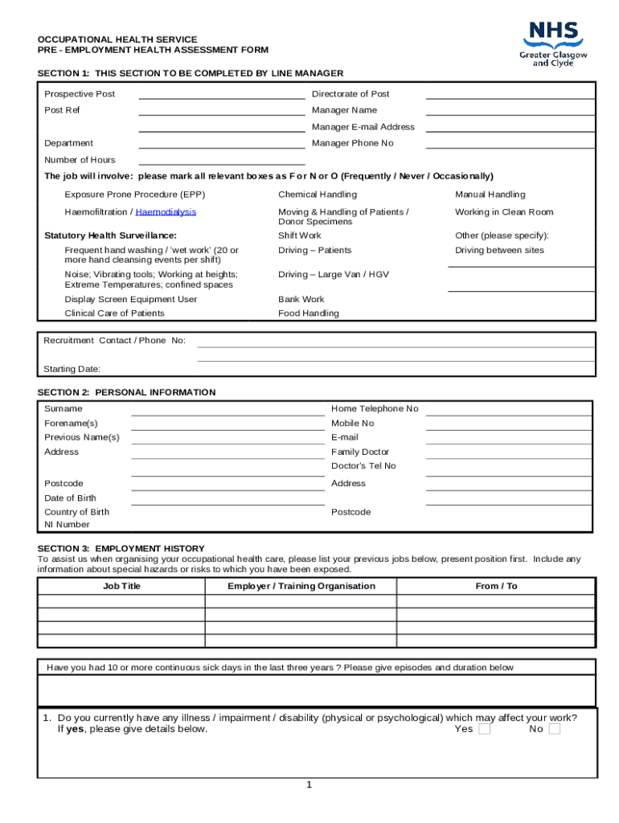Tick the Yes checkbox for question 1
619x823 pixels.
click(484, 729)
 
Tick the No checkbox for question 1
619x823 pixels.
click(555, 729)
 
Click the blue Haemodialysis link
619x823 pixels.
click(166, 212)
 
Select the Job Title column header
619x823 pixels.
click(121, 586)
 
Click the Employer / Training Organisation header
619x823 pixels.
click(301, 586)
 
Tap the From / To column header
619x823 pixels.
click(496, 586)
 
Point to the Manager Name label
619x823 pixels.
click(344, 110)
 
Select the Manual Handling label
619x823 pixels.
click(490, 194)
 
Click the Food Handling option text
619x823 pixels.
click(309, 313)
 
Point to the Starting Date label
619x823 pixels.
click(72, 369)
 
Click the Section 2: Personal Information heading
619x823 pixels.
click(126, 392)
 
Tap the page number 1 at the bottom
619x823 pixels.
click(309, 785)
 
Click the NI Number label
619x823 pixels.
click(67, 525)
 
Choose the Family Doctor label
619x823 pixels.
click(360, 452)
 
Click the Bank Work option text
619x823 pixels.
click(301, 299)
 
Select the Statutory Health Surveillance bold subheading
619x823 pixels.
click(110, 235)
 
